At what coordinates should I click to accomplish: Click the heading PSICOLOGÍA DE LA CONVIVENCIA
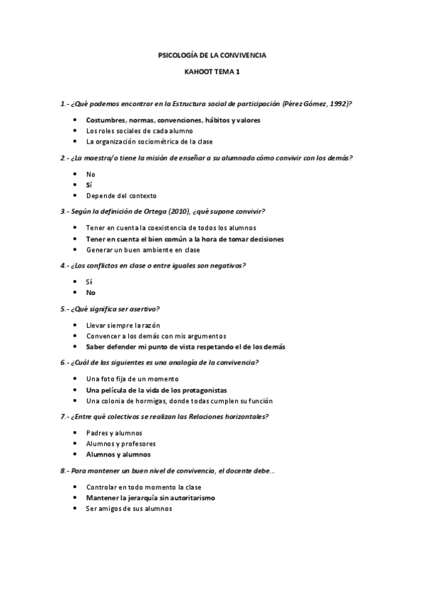211,55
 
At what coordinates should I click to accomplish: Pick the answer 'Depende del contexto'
121,195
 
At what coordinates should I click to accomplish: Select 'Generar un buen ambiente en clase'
143,249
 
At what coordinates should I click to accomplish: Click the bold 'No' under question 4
91,292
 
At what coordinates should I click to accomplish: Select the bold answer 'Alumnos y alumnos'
118,454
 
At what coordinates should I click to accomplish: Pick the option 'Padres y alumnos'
114,433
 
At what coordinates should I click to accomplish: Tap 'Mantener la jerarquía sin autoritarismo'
151,497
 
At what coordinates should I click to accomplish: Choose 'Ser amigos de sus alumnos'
129,508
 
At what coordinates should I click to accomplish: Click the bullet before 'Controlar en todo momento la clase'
76,487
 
